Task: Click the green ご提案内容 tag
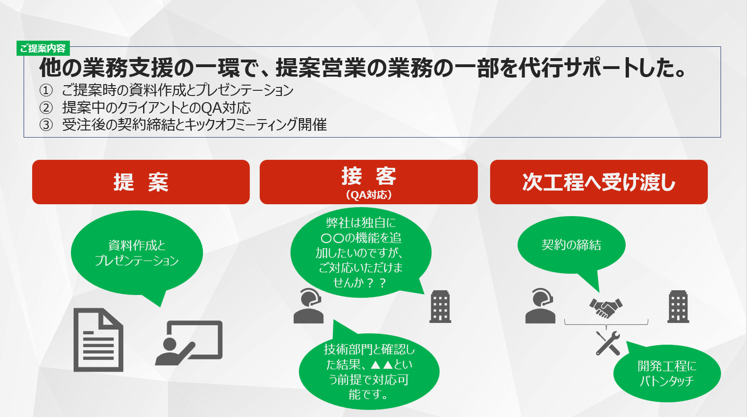tap(43, 48)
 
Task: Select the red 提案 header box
tap(141, 182)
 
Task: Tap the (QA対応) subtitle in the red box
tap(368, 195)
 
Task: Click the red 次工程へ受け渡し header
tap(599, 182)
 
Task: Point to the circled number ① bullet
tap(46, 90)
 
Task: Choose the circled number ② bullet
tap(46, 107)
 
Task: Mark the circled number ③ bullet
tap(46, 125)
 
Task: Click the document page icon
tap(99, 340)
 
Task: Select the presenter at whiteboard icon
tap(189, 343)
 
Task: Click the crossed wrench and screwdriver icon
tap(607, 343)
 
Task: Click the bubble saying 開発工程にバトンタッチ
tap(667, 372)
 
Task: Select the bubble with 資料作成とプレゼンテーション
tap(137, 254)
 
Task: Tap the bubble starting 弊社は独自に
tap(361, 252)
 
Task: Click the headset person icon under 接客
tap(309, 306)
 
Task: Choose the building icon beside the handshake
tap(678, 306)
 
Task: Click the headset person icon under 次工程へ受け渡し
tap(540, 306)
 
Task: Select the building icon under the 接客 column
tap(440, 306)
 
